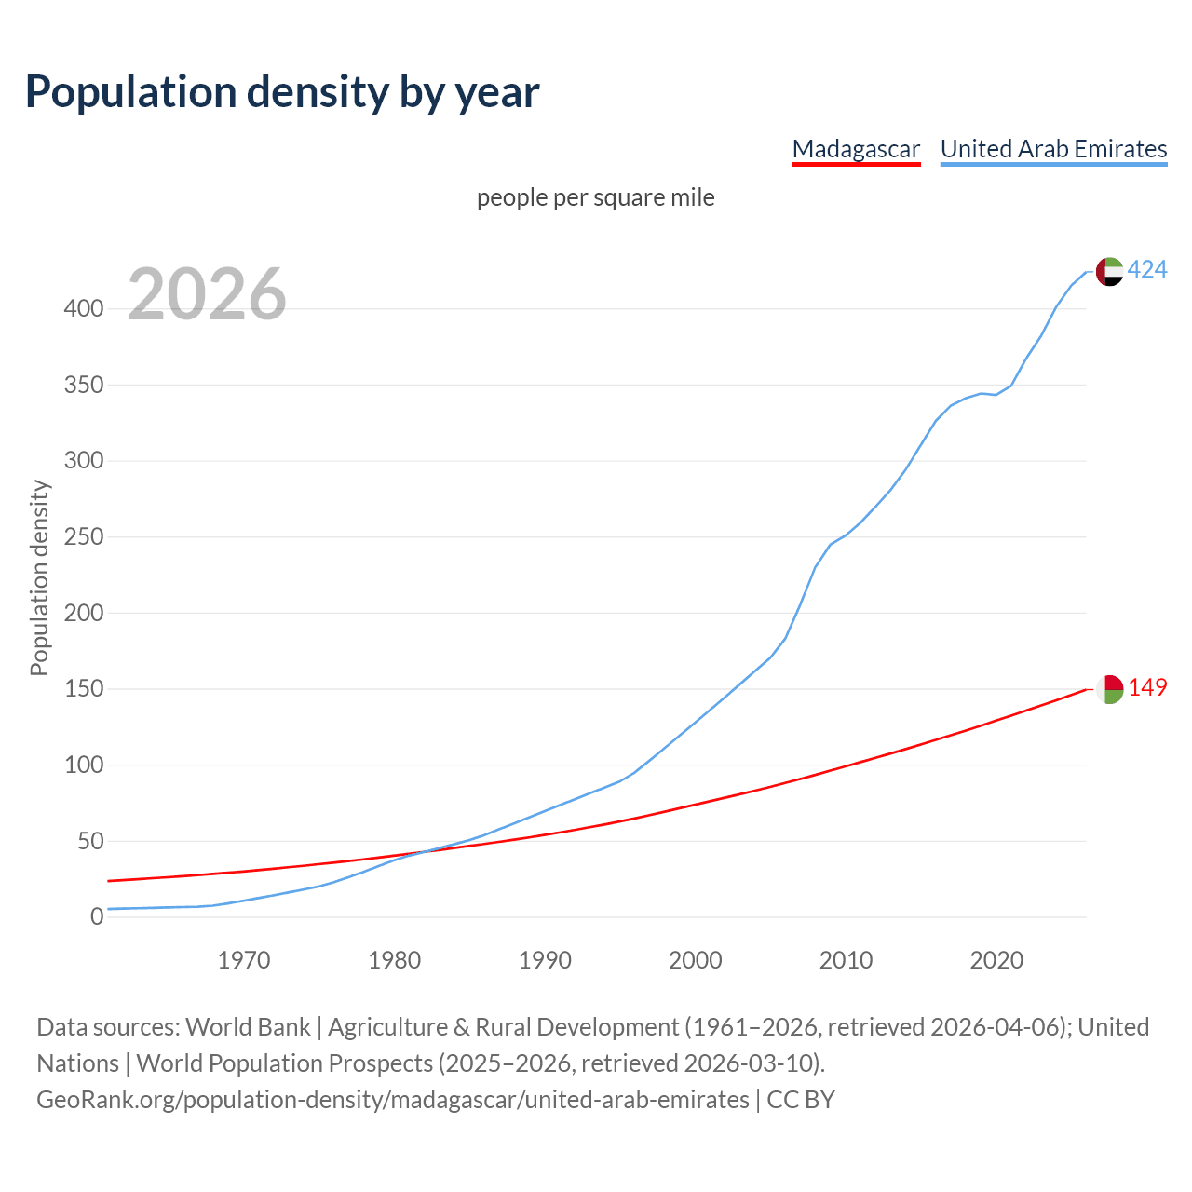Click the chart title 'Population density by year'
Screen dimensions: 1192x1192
282,92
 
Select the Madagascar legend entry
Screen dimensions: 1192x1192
856,149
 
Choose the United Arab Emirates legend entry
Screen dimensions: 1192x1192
1053,149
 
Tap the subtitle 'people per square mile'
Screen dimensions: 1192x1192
596,198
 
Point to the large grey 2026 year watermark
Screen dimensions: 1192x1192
207,294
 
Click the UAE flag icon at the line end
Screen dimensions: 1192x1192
1109,271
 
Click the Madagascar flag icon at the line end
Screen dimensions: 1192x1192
1109,689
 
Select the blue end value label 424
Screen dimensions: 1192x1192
1147,270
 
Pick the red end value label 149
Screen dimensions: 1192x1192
1147,688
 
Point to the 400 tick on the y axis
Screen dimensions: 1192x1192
84,309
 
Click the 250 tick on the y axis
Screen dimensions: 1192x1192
84,537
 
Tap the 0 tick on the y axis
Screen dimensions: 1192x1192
97,917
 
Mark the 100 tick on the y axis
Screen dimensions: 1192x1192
84,765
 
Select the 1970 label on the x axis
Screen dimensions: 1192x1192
244,960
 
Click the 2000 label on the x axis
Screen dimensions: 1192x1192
696,960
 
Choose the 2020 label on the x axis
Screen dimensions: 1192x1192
996,960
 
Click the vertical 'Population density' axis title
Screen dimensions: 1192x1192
39,577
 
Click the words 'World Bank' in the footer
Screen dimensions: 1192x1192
248,1027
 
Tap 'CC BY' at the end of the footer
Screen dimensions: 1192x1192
801,1100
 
